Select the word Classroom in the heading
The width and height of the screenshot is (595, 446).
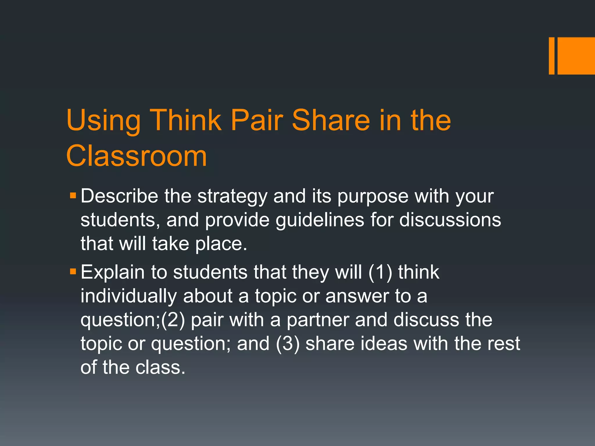137,156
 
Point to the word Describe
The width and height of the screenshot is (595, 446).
119,196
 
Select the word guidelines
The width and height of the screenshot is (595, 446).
320,220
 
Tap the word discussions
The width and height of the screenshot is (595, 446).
450,220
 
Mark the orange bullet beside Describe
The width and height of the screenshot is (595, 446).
73,195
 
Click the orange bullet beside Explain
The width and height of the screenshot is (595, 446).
73,272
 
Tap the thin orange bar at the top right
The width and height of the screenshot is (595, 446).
551,56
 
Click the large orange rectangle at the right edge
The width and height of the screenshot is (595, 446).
576,56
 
